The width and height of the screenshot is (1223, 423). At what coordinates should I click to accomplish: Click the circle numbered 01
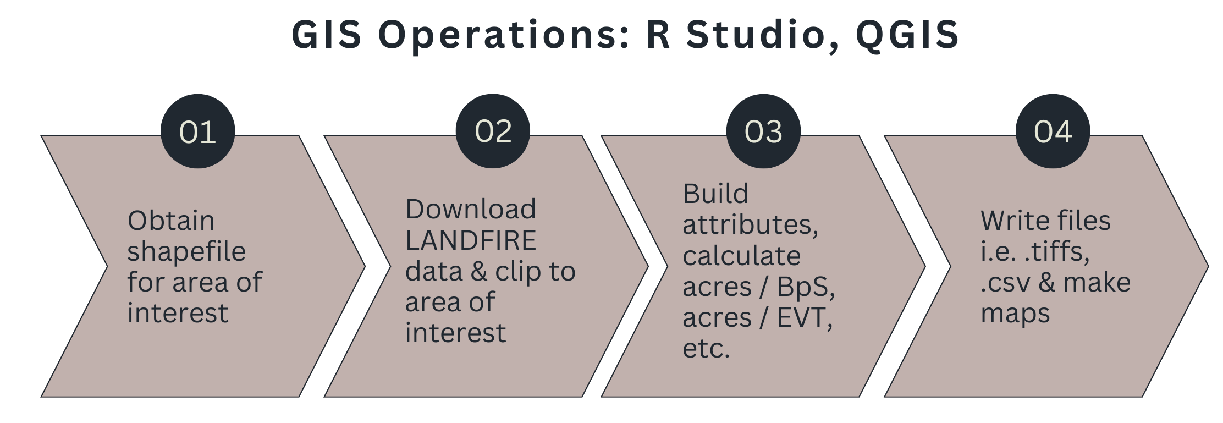coord(197,132)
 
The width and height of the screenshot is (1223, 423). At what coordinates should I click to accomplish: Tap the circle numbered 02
coord(493,131)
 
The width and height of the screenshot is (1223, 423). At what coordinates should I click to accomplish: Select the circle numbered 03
coord(763,131)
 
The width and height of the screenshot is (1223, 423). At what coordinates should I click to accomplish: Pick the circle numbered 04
coord(1053,131)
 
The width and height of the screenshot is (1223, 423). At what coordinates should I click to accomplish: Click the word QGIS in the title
coord(907,35)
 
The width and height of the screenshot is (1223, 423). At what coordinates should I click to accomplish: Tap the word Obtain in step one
coord(171,221)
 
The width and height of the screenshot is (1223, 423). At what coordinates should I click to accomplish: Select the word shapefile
coord(186,252)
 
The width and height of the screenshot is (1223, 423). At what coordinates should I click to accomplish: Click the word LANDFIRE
coord(471,240)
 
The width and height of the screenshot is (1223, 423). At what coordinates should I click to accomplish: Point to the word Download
coord(471,209)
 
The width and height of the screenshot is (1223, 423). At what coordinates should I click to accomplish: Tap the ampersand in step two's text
coord(479,272)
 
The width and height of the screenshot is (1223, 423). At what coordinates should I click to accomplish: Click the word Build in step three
coord(715,194)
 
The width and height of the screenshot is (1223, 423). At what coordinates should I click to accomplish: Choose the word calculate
coord(741,256)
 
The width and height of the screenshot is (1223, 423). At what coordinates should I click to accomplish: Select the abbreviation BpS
coord(806,287)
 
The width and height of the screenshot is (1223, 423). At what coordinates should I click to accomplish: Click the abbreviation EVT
coord(804,317)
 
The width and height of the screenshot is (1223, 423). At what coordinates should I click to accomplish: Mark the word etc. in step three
coord(706,349)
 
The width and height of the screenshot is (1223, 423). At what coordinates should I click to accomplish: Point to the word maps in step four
coord(1015,314)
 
